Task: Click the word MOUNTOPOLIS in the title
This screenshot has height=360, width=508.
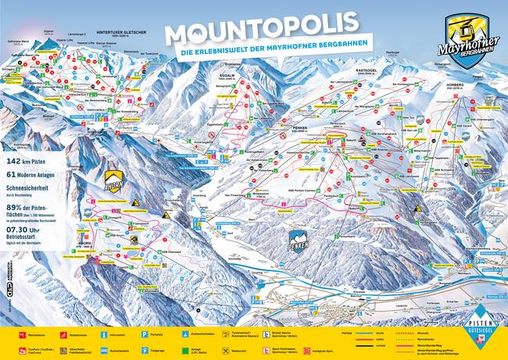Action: pos(253,33)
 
